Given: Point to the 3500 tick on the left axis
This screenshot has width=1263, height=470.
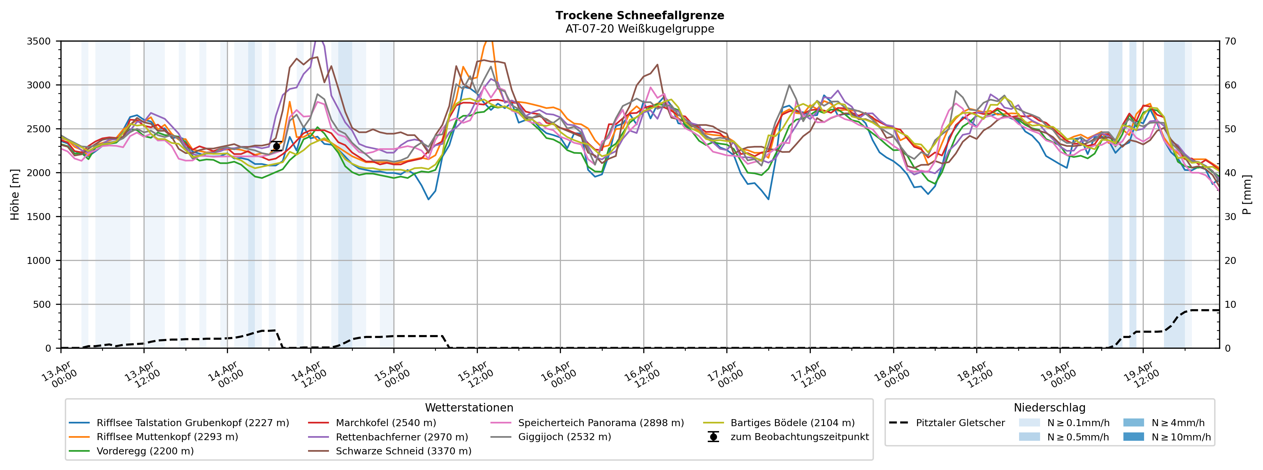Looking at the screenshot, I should (39, 41).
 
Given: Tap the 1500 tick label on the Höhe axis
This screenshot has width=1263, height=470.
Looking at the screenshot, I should (39, 217).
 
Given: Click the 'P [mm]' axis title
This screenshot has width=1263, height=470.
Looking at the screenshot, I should (1247, 195).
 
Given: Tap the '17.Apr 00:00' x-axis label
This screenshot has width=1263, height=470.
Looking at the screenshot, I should (724, 375).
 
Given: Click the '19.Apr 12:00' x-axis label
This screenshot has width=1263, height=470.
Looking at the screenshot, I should (1141, 375).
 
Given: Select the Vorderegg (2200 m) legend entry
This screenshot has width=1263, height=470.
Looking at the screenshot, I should (145, 451).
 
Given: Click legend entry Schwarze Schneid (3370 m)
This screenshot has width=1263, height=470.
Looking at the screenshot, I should (403, 451).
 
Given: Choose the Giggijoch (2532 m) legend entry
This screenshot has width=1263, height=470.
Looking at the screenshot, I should (564, 437).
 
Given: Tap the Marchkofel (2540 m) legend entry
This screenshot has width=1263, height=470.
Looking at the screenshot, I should (385, 422).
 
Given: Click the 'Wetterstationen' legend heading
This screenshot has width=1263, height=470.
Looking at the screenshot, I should (469, 408).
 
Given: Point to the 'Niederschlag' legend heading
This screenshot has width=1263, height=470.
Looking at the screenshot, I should (1049, 408).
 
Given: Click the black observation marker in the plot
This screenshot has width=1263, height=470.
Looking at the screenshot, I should (276, 146).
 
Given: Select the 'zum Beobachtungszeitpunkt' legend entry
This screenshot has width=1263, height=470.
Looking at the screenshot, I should (799, 437).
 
